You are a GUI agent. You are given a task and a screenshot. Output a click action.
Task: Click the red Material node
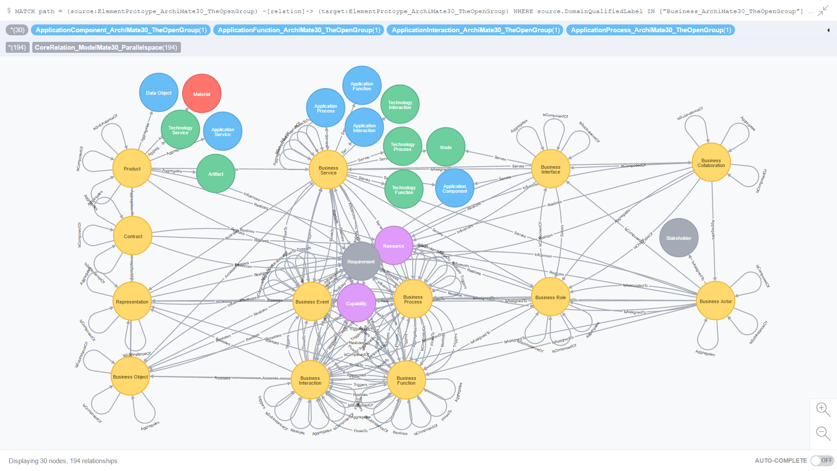click(x=202, y=94)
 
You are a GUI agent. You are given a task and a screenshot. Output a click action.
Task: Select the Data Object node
click(x=159, y=92)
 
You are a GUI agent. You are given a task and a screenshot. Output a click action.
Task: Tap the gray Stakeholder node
click(x=678, y=238)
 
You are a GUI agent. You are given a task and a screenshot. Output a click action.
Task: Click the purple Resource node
click(x=393, y=246)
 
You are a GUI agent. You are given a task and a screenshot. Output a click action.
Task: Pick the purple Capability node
click(x=356, y=303)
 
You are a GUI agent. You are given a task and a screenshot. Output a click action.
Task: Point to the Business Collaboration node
click(x=711, y=163)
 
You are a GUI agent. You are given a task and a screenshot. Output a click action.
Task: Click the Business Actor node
click(x=715, y=301)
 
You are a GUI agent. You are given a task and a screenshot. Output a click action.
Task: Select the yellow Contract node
click(x=133, y=236)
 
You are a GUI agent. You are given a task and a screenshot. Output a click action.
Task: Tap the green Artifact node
click(x=216, y=174)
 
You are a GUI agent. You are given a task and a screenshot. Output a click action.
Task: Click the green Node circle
click(x=446, y=147)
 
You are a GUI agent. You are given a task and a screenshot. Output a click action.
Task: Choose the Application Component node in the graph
click(x=455, y=188)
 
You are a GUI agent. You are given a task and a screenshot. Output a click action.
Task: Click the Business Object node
click(x=130, y=376)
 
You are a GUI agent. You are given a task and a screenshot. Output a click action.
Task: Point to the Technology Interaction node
click(x=400, y=105)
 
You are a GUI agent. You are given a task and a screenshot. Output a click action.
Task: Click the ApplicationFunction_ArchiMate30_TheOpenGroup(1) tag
click(x=299, y=30)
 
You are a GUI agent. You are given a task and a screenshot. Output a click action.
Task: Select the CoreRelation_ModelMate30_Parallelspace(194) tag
click(x=106, y=48)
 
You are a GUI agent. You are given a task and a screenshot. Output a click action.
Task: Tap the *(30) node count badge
click(x=17, y=30)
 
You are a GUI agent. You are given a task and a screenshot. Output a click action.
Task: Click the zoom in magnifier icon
click(x=823, y=409)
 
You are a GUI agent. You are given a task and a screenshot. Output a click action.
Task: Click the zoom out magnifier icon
click(x=823, y=433)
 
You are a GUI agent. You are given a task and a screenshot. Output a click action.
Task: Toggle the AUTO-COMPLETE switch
click(x=821, y=461)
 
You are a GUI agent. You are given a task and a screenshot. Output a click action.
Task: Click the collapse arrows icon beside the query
click(x=823, y=11)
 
